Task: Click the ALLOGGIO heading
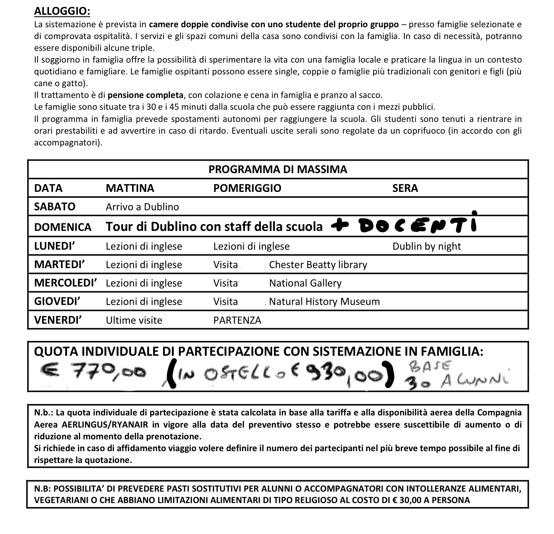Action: [x=62, y=11]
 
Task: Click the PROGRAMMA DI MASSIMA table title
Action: [x=278, y=169]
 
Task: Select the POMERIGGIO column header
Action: [x=247, y=188]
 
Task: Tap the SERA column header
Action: [x=405, y=188]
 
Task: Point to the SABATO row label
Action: [x=55, y=207]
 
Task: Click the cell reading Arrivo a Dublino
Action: [x=142, y=207]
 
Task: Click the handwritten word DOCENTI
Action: [x=418, y=225]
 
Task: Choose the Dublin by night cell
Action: [x=427, y=246]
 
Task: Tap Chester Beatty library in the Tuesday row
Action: [x=318, y=265]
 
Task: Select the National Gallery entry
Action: [x=305, y=283]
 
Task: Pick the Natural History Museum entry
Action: [x=324, y=302]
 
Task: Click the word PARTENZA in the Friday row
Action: [x=237, y=320]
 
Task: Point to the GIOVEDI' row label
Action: [x=57, y=302]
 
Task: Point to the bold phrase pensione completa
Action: [x=145, y=95]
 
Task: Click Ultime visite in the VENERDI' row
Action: [x=134, y=320]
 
